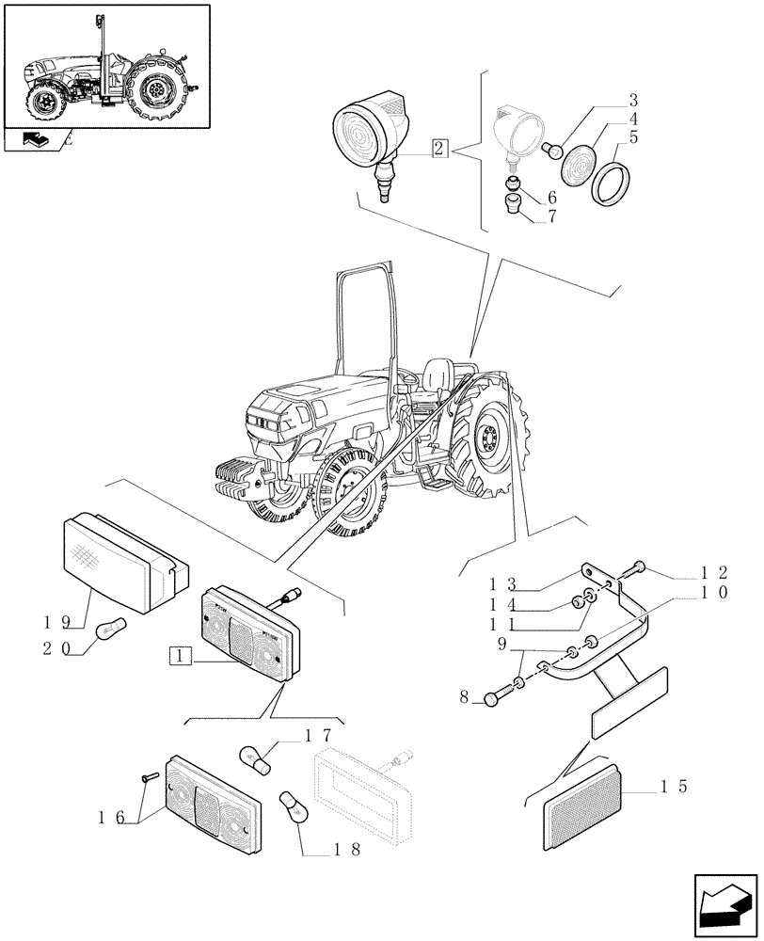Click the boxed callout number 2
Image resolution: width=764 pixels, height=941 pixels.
coord(439,147)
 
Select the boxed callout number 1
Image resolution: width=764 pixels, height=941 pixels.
coord(181,656)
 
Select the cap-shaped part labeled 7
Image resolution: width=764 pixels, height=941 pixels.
coord(513,204)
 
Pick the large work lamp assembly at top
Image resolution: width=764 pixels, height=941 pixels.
coord(371,132)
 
